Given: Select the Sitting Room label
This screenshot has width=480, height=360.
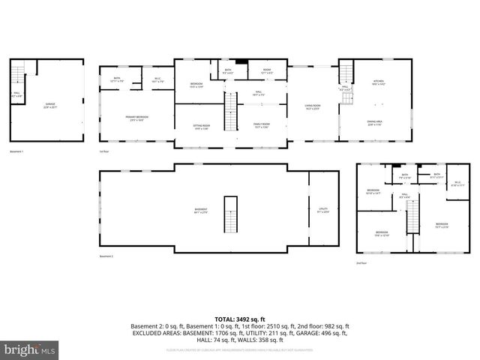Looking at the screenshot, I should click(202, 126).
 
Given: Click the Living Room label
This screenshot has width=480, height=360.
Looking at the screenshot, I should click(311, 107).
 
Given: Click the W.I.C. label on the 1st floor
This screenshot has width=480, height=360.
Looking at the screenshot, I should click(157, 79).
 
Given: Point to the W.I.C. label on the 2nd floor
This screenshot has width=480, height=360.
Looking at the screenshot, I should click(458, 183).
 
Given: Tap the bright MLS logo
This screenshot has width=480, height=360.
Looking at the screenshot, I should click(29, 349).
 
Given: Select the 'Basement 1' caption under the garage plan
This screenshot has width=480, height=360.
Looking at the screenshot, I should click(16, 151).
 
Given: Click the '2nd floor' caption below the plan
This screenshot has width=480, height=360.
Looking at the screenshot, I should click(361, 263).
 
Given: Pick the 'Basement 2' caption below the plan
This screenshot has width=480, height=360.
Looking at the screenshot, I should click(106, 256).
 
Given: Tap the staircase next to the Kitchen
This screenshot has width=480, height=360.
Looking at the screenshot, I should click(346, 76).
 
